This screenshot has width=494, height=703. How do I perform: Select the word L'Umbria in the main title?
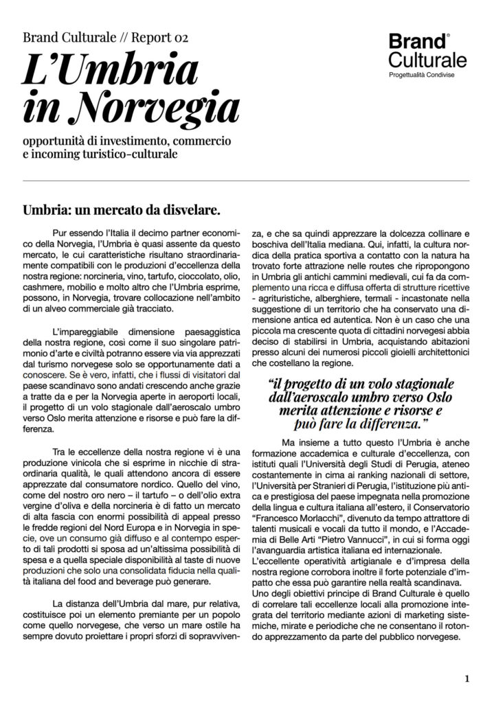pyautogui.click(x=111, y=71)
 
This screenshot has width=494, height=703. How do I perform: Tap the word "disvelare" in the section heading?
pyautogui.click(x=190, y=208)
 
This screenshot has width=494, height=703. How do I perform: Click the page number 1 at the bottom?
pyautogui.click(x=467, y=679)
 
